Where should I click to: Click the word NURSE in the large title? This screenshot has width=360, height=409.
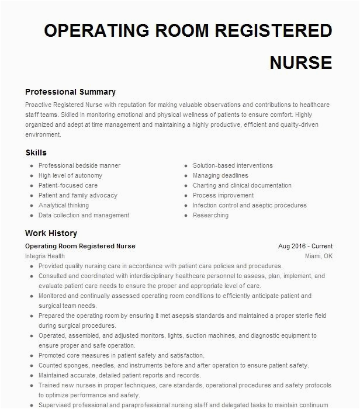(300, 63)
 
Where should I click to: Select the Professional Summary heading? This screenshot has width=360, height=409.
(70, 92)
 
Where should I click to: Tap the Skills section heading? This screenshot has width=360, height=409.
(36, 152)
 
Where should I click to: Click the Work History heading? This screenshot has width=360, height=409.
(51, 233)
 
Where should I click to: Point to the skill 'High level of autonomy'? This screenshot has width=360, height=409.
(70, 175)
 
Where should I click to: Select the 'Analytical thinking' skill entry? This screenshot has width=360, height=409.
(64, 205)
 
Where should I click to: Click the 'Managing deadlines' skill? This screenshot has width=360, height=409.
(220, 175)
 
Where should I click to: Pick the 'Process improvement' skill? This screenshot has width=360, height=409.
(223, 195)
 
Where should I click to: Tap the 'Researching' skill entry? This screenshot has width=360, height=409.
(210, 215)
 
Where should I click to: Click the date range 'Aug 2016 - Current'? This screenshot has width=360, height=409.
(305, 247)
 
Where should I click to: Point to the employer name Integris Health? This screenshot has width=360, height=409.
(45, 256)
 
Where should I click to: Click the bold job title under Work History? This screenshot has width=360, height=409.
(80, 247)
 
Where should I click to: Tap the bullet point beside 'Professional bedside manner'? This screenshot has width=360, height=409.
(31, 166)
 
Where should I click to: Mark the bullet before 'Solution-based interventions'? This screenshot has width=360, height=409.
(185, 166)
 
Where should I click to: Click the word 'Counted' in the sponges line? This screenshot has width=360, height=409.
(50, 365)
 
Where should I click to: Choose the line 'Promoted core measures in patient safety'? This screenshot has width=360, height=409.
(121, 355)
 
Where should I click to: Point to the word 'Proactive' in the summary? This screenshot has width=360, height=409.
(39, 105)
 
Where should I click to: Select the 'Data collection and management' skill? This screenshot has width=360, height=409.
(84, 215)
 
